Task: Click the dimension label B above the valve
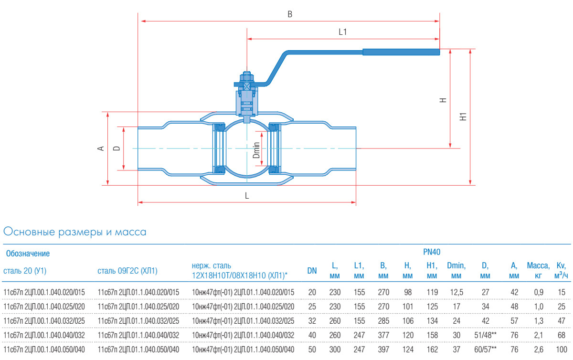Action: pos(290,14)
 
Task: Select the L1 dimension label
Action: pos(342,32)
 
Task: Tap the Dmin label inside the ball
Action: pos(256,150)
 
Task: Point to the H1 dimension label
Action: pos(462,116)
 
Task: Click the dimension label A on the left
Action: pos(101,148)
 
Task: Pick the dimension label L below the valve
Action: pos(247,196)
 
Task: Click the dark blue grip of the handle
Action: pos(401,52)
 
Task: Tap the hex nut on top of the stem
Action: pos(246,76)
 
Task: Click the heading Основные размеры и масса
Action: pos(74,233)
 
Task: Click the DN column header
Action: pos(312,271)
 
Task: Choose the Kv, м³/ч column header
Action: pos(561,271)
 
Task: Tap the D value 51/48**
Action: pos(485,336)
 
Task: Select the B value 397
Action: pos(382,350)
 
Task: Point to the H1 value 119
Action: pos(432,292)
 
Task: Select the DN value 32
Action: pos(312,321)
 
